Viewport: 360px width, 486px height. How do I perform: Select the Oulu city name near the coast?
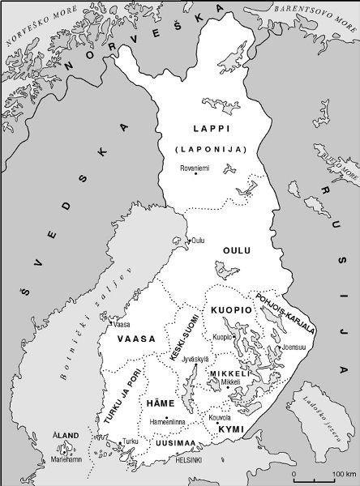pyautogui.click(x=197, y=241)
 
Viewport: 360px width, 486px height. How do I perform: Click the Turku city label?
pyautogui.click(x=129, y=441)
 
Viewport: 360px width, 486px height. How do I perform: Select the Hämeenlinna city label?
pyautogui.click(x=168, y=422)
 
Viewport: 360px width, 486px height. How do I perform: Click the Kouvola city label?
pyautogui.click(x=221, y=418)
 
